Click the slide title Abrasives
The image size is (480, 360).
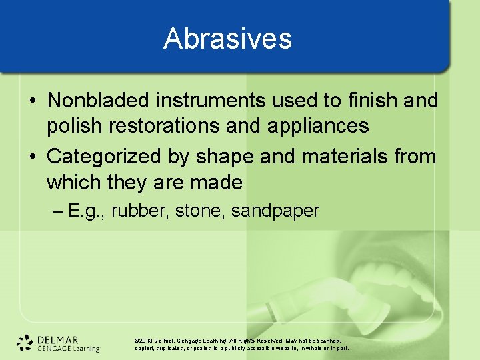coord(227,39)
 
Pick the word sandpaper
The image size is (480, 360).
coord(275,211)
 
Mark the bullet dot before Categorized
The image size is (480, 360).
coord(33,157)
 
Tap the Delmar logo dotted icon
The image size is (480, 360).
coord(25,343)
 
